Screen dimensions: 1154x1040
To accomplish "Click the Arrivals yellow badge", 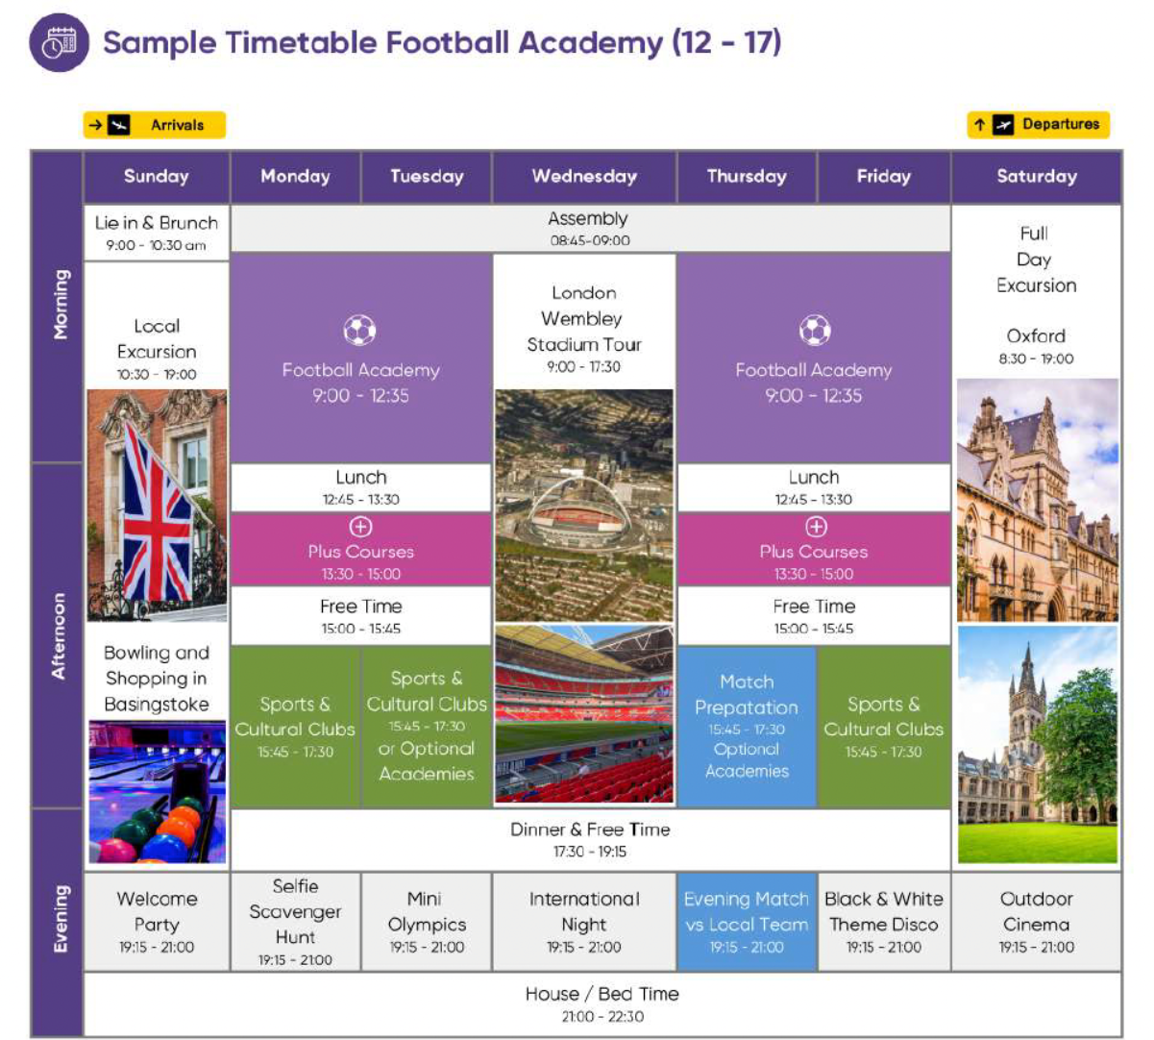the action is (154, 125).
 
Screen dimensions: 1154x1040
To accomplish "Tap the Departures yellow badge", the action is (1039, 124).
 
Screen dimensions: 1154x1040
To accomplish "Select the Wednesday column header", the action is (584, 176).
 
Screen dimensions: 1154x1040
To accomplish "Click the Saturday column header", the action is (1037, 176).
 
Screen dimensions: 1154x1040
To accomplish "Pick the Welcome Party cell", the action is (157, 922).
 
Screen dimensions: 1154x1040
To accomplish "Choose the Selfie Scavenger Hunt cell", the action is (296, 922).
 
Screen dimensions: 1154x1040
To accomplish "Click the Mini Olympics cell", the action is (427, 922).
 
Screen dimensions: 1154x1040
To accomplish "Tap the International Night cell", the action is (584, 922).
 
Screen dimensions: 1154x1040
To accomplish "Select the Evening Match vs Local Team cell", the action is (747, 922).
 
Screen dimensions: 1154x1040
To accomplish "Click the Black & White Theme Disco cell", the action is (884, 922).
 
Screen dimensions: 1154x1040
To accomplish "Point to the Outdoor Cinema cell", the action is (1037, 922).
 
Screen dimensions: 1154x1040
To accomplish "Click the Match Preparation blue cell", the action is (747, 727).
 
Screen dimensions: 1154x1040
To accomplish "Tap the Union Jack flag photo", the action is (157, 506).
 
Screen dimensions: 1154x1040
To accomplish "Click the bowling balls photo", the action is (157, 791).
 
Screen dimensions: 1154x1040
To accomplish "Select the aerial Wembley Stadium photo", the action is (584, 506).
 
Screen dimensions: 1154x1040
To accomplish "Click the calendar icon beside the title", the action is (60, 42).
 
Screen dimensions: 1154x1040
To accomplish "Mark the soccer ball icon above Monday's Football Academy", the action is (360, 330).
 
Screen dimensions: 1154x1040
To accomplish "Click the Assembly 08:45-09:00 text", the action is (589, 229).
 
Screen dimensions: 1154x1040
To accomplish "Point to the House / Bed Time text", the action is (602, 1003).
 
